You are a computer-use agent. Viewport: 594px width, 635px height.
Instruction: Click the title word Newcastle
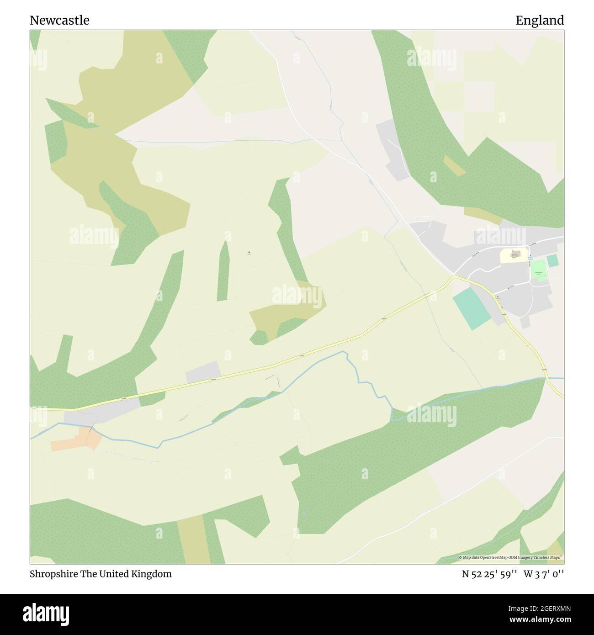point(59,20)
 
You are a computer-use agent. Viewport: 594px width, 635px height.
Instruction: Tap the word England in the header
point(540,20)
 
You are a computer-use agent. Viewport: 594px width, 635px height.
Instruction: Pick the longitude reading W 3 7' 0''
point(544,574)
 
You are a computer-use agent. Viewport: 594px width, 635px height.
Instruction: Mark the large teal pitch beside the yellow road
point(472,308)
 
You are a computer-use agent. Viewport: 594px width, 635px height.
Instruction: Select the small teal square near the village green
point(552,261)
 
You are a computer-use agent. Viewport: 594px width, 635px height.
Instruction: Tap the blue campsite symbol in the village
point(530,256)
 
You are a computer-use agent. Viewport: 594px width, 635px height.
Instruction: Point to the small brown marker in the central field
point(249,252)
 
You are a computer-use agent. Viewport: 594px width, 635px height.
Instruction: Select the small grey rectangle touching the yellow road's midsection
point(203,372)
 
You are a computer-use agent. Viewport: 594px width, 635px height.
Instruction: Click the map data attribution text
point(511,557)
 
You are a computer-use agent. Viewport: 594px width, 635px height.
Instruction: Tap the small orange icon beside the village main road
point(498,297)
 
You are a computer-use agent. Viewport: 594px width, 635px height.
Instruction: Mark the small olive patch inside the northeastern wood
point(454,166)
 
